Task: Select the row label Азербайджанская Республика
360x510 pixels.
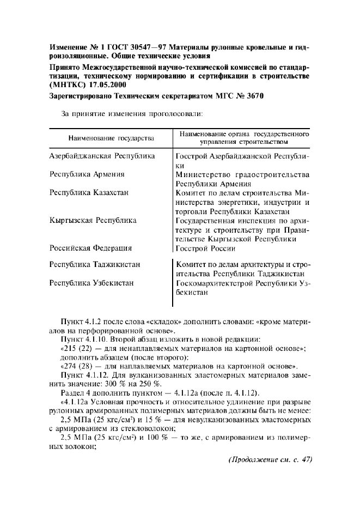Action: point(102,156)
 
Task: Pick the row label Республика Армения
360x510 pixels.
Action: point(87,174)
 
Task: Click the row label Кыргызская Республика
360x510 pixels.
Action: point(93,221)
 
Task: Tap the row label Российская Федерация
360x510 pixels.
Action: point(90,248)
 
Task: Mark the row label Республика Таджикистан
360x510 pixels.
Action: point(95,264)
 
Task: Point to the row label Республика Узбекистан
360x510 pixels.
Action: point(91,283)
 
